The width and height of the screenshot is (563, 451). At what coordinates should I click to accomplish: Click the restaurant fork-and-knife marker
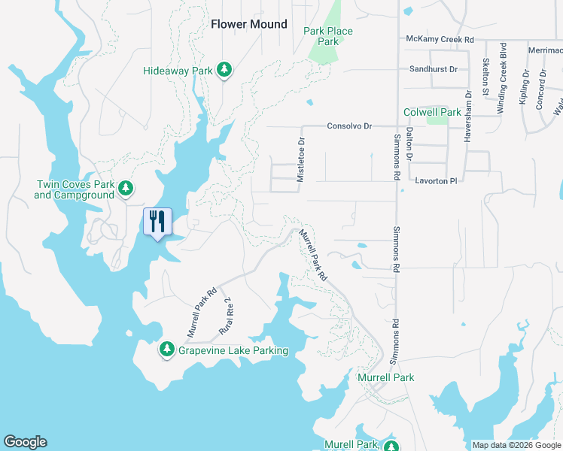point(158,222)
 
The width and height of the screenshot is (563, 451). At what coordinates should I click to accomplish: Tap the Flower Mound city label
point(248,24)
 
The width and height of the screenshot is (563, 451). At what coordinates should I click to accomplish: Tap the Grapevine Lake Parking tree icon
point(166,350)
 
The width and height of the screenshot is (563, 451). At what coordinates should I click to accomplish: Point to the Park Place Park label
point(327,36)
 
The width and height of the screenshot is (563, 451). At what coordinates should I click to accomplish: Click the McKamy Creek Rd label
point(439,39)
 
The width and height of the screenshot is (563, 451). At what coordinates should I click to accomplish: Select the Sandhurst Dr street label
point(433,69)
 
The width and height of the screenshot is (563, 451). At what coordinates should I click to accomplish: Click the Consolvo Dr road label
point(349,126)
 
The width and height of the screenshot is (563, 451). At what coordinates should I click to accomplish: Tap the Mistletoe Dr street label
point(301,159)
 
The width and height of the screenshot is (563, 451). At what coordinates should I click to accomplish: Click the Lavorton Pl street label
point(436,181)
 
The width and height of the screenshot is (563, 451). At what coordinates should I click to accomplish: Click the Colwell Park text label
point(432,112)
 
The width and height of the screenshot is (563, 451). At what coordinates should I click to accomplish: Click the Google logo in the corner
point(25,442)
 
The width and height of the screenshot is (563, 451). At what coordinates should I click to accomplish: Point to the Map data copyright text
point(516,445)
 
